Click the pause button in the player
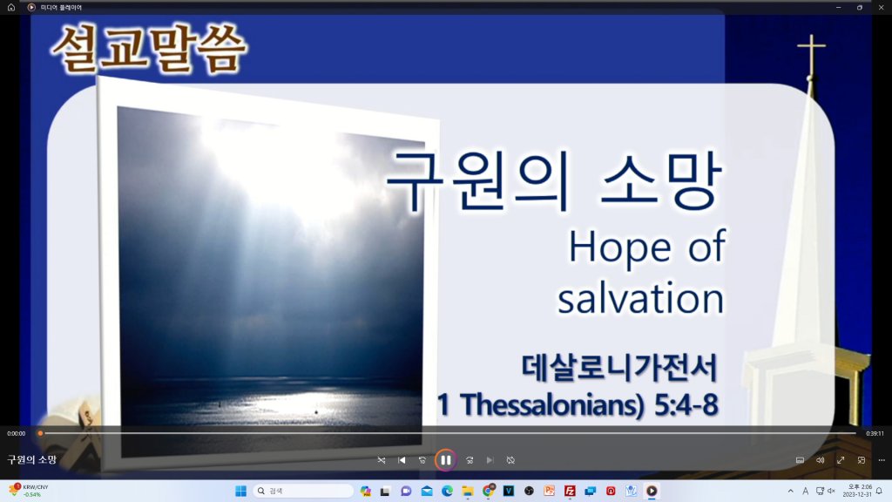coord(445,460)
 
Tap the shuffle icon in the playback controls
coord(382,460)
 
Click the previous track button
coord(402,460)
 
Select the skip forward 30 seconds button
coord(470,460)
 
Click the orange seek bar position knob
coord(40,433)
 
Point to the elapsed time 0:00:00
coord(16,434)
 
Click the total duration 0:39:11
coord(875,434)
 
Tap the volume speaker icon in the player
coord(820,460)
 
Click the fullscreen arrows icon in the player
coord(841,460)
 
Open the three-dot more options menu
coord(882,460)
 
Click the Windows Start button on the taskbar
coord(240,491)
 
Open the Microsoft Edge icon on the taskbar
coord(447,491)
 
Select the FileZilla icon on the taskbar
coord(570,491)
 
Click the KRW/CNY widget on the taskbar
coord(29,491)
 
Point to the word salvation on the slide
coord(640,298)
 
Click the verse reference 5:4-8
coord(686,404)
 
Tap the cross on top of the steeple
coord(811,55)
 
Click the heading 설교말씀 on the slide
coord(149,49)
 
